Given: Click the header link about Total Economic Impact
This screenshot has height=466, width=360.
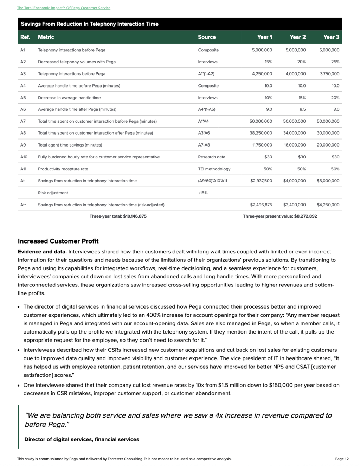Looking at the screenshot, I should coord(64,8).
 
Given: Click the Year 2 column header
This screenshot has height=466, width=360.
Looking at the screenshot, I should coord(297,37).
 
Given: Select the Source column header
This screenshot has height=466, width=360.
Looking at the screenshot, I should coord(207,37).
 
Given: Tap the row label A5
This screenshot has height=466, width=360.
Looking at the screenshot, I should coord(23,98).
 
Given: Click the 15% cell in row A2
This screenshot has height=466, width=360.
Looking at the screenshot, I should coord(268,62).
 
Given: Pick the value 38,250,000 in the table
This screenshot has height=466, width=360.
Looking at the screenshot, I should coord(261,133).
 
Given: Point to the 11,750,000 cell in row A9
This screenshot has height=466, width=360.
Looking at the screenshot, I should coord(262,145).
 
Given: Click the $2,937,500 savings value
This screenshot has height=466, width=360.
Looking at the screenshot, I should coord(261,181).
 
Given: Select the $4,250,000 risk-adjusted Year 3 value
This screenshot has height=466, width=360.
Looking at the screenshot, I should coord(328,205).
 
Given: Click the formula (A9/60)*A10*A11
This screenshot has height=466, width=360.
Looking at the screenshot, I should coord(212,181).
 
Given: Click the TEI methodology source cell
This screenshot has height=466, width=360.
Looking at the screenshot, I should coord(214,169).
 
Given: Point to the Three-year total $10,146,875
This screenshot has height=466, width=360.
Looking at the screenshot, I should coord(118,216).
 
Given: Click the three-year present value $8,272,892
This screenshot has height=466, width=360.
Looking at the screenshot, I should coord(280,216).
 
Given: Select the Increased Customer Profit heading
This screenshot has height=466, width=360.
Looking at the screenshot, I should coord(58,241).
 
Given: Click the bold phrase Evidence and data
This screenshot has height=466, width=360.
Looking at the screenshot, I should coord(42,252).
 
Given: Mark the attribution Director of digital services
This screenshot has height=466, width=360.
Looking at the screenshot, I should coord(82,439).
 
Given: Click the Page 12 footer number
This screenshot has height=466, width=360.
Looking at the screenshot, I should coord(342,459).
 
